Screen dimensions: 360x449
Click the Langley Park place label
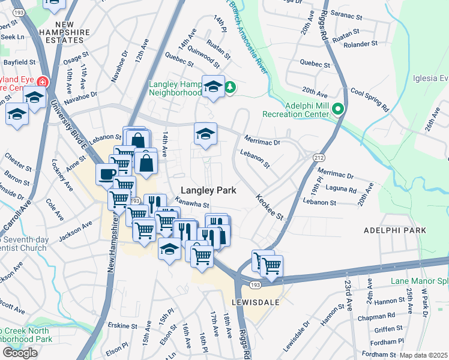205,190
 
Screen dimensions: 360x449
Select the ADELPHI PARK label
394,230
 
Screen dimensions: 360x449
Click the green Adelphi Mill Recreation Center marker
338,109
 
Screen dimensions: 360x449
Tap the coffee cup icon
106,174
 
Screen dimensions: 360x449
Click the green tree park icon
230,88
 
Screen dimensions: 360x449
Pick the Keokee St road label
269,207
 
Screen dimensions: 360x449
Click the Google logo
20,353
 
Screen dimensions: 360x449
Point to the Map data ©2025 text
424,355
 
